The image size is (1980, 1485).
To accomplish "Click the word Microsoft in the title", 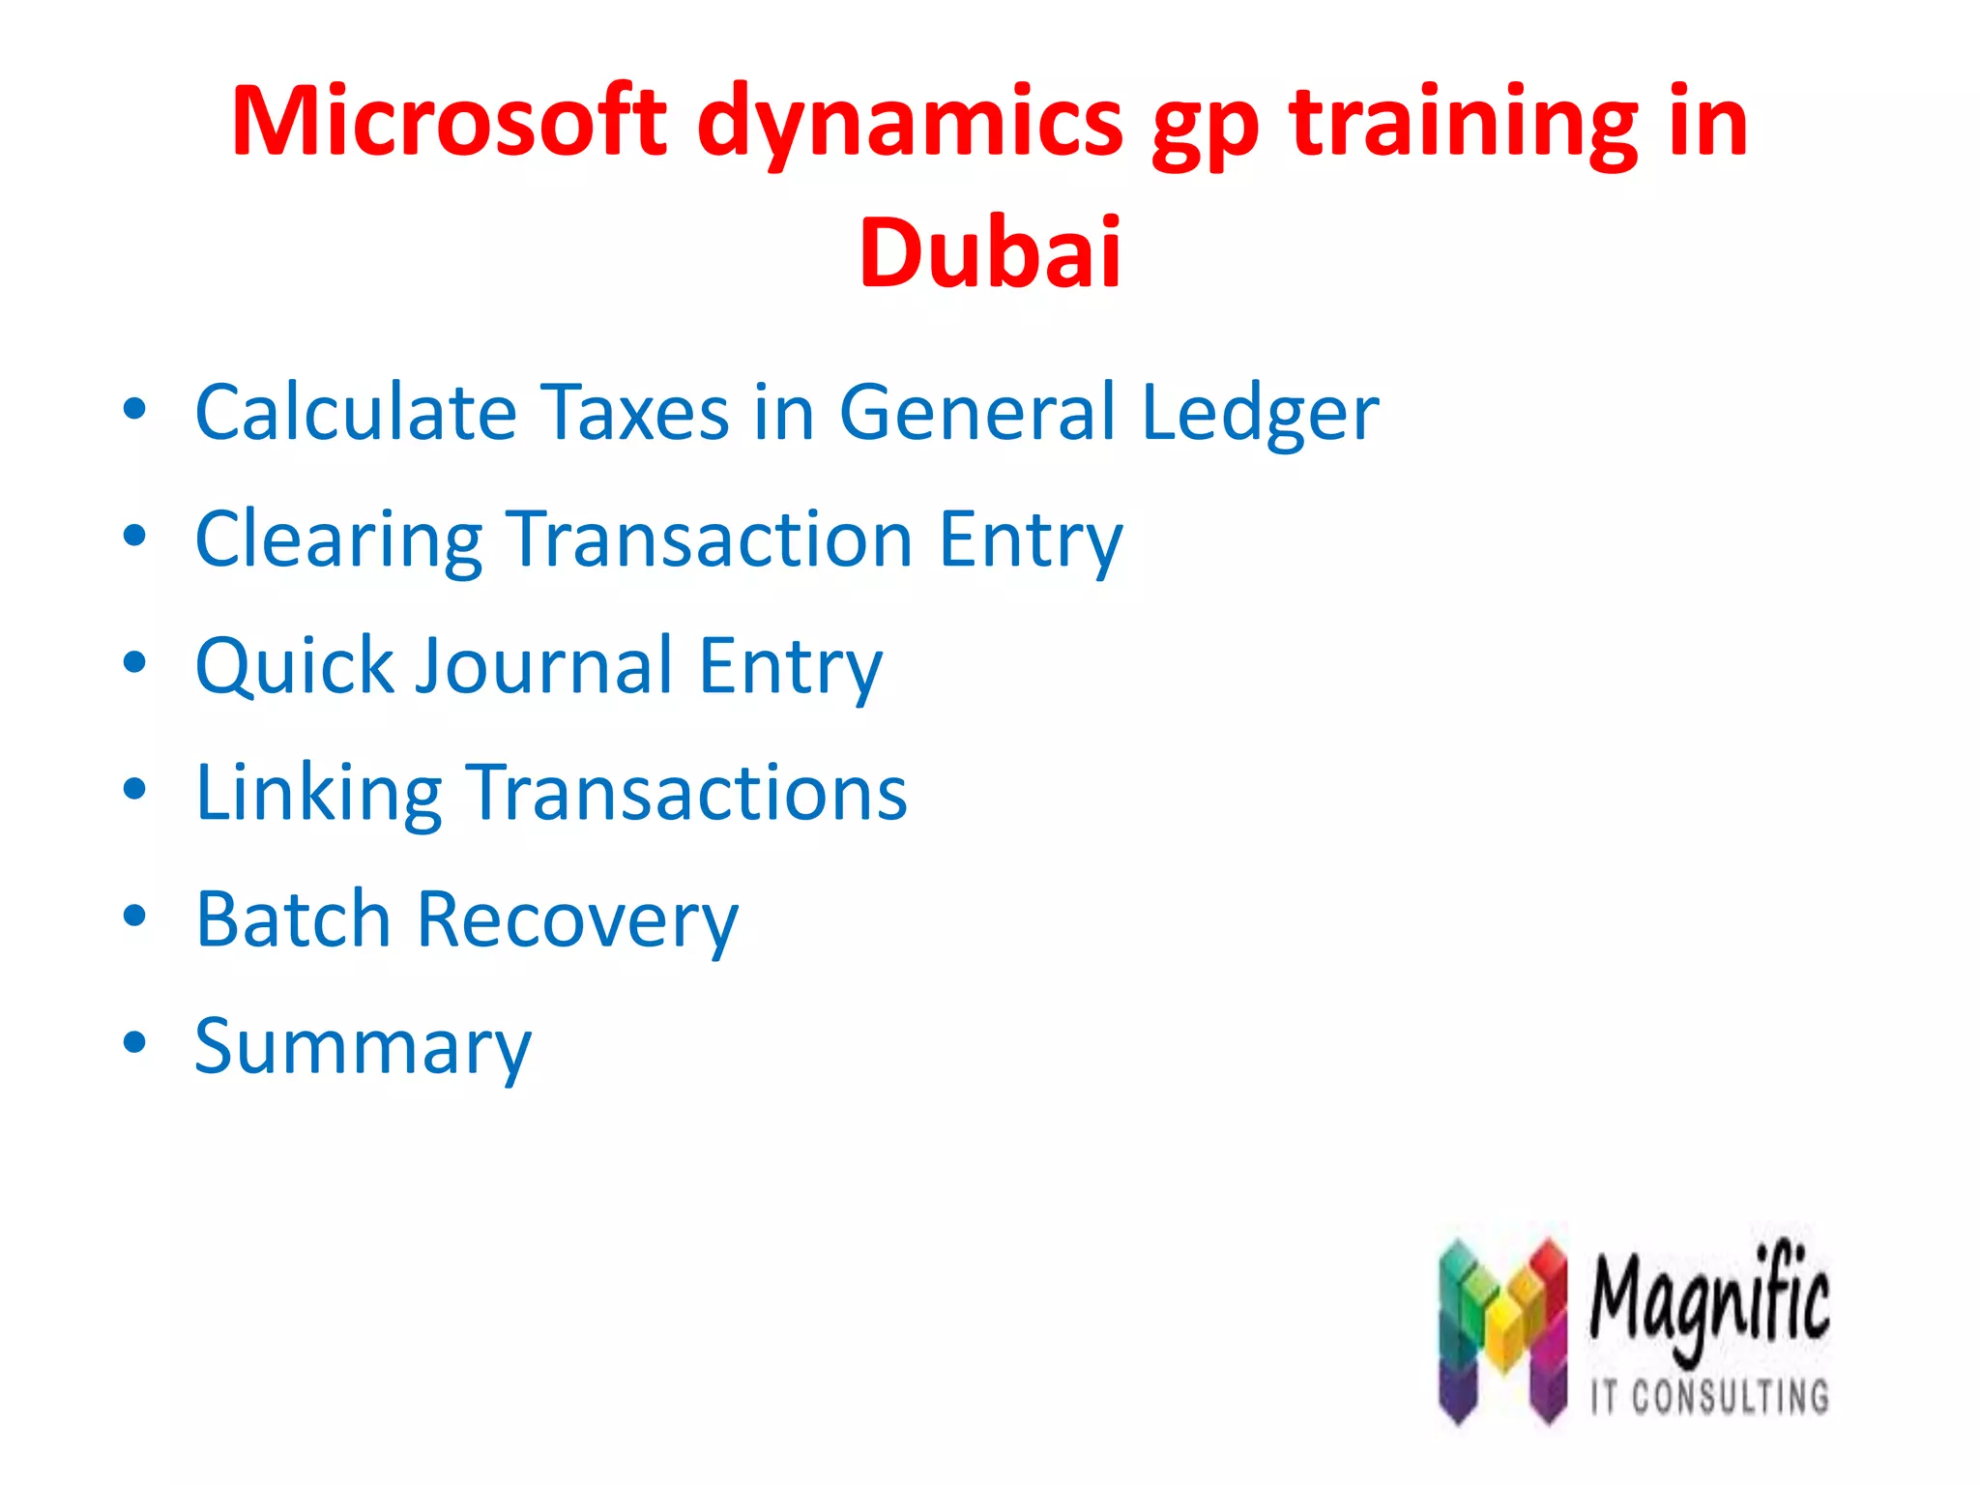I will coord(449,122).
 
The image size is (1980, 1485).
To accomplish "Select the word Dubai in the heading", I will coord(990,253).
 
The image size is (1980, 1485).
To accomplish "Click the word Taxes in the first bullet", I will coord(633,413).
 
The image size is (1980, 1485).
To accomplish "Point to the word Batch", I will coord(293,918).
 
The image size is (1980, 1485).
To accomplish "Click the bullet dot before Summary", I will coord(134,1042).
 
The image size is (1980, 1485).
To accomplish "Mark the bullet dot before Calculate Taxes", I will coord(134,409).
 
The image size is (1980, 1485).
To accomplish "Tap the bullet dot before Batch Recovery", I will coord(134,916).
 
